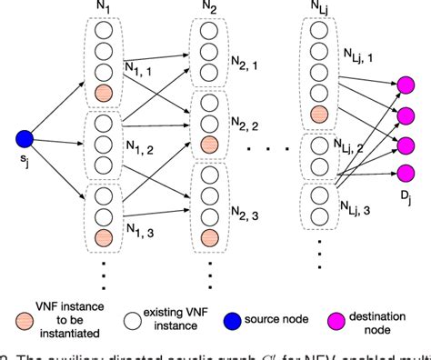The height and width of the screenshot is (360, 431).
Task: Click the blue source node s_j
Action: (x=25, y=139)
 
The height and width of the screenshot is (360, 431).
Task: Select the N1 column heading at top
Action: (x=105, y=7)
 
